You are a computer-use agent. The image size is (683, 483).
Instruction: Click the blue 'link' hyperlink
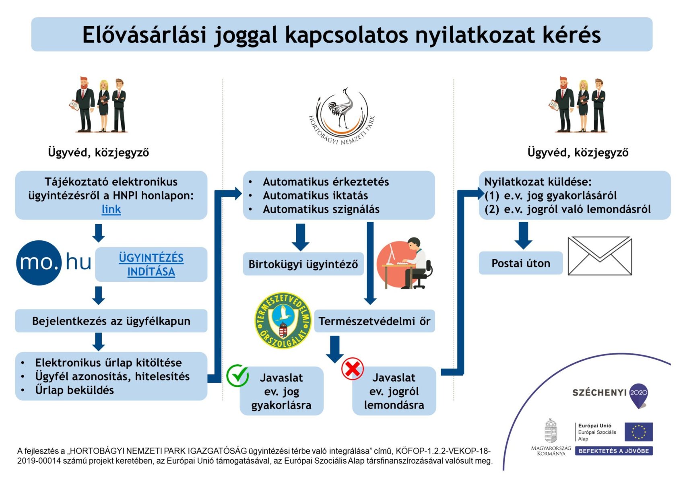tap(111, 209)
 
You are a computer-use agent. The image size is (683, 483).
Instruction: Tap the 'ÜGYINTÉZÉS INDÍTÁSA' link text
tap(151, 264)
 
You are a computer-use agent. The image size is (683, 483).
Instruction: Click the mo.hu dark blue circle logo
tap(39, 263)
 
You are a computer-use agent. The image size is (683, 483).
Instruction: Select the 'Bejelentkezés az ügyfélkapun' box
tap(111, 321)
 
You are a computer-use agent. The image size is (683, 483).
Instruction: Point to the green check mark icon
tap(237, 376)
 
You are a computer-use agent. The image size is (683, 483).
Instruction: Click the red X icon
tap(352, 369)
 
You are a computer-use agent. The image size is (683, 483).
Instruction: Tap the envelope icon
tap(599, 256)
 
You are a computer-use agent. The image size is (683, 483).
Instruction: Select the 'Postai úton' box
tap(520, 263)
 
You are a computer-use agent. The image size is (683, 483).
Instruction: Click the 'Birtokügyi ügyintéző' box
tap(303, 264)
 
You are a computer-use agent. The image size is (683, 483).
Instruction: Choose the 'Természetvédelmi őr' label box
tap(374, 321)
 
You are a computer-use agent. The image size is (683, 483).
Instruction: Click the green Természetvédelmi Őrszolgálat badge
tap(283, 320)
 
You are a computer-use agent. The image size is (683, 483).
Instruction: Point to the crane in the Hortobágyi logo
tap(343, 107)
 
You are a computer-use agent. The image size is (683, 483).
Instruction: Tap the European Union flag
tap(638, 432)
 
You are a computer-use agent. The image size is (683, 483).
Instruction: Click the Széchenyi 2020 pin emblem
tap(638, 395)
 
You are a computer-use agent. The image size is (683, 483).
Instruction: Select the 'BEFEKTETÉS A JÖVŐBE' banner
tap(613, 451)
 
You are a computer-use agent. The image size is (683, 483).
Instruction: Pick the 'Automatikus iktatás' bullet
tap(315, 196)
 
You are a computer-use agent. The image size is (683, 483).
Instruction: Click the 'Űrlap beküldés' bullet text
tap(74, 390)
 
